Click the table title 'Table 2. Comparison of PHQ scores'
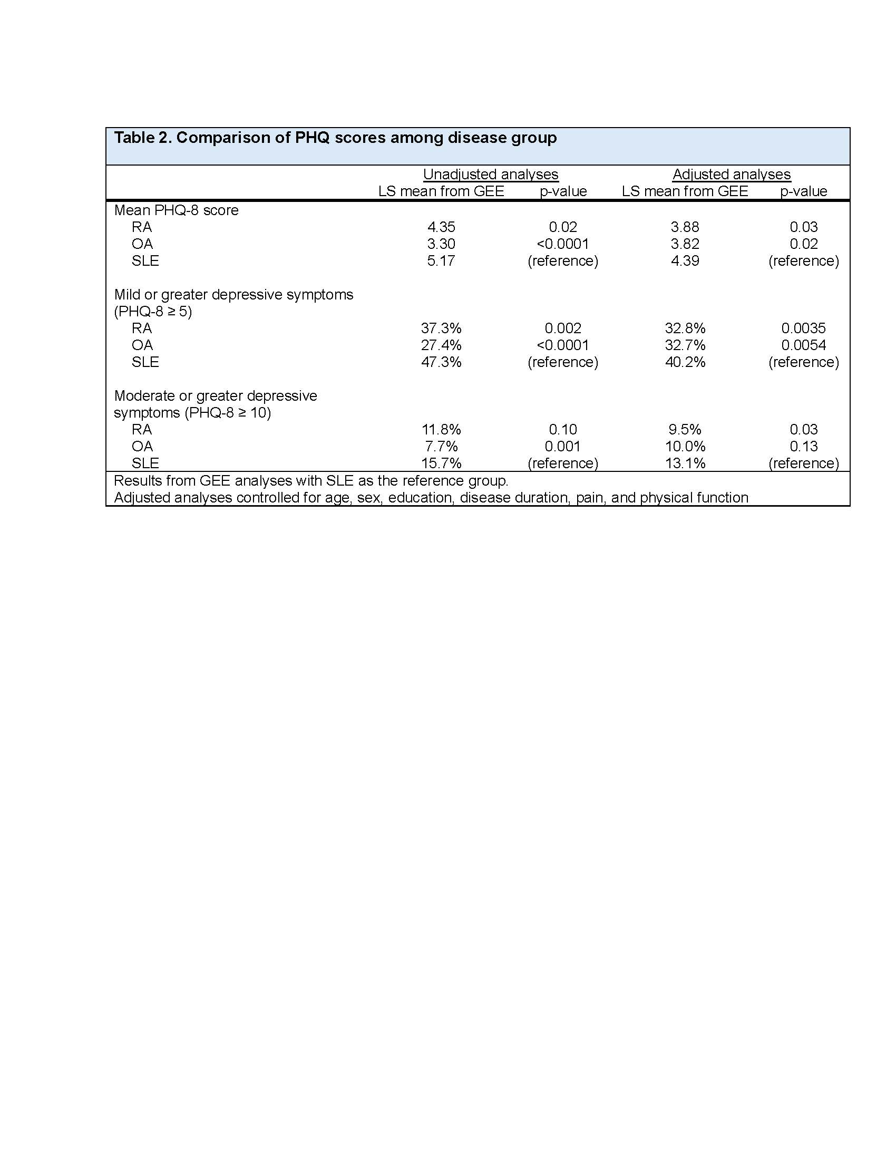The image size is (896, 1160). pos(335,138)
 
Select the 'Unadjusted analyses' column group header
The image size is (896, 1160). pos(491,174)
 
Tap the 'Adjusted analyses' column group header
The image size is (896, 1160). pos(732,174)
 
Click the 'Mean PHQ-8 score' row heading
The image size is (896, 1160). pos(176,210)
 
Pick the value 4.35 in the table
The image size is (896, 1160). pos(441,227)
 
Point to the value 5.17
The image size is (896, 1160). pos(441,261)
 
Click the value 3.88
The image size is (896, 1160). pos(685,227)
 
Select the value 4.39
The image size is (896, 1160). pos(685,261)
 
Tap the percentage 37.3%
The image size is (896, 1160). pos(441,328)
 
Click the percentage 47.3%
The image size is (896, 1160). pos(441,362)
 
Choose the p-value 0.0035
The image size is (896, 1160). pos(803,328)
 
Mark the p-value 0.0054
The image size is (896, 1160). pos(803,345)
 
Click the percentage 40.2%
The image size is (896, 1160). pos(685,362)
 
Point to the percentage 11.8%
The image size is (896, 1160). pos(441,430)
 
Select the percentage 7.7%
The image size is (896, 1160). pos(441,447)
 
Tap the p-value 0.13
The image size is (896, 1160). pos(803,447)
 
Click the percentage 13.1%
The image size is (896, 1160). pos(685,463)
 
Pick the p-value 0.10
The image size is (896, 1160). pos(563,430)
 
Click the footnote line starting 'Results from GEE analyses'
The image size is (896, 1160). pos(311,481)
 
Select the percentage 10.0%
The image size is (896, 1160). pos(685,447)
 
